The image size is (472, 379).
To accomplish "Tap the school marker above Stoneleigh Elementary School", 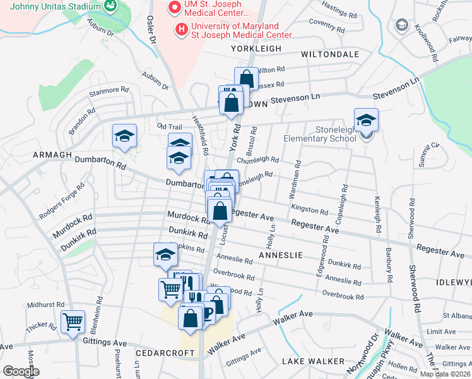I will [x=366, y=121].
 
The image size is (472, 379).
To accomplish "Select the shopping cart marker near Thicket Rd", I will [x=73, y=322].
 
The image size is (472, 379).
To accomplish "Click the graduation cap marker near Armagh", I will [x=125, y=136].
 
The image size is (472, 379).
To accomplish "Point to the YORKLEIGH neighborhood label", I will [x=256, y=49].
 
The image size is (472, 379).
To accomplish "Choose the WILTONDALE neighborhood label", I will [x=330, y=54].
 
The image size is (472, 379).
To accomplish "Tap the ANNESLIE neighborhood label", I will [x=281, y=255].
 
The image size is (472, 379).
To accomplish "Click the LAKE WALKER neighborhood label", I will [x=314, y=361].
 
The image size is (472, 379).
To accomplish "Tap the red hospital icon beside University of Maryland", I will [x=182, y=28].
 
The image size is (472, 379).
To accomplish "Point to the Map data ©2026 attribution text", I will [x=445, y=374].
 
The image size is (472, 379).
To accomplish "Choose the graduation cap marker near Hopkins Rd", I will [x=166, y=255].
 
